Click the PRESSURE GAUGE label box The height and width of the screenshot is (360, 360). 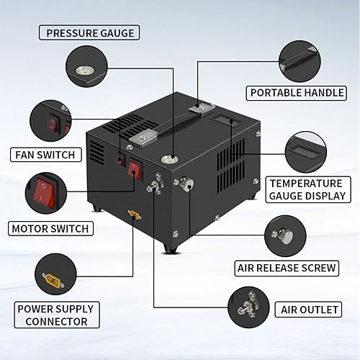coord(90,32)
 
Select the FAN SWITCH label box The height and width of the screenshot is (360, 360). coord(44,154)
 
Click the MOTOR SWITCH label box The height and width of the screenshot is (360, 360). coord(50,229)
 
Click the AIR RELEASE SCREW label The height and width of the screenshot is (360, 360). coord(287,268)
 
